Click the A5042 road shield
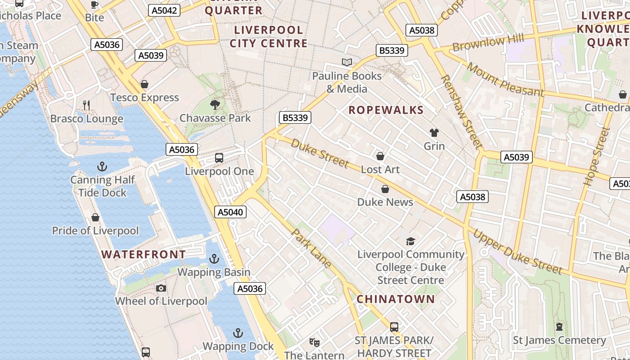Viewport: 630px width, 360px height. (x=164, y=10)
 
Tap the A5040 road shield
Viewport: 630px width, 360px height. (x=230, y=212)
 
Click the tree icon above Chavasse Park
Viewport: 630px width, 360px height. (x=215, y=105)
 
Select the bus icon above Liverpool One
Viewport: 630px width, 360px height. (x=219, y=158)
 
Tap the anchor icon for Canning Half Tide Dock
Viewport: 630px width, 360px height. (x=102, y=167)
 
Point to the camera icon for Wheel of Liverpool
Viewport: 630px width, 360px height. (x=161, y=288)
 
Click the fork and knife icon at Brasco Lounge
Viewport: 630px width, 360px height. (x=86, y=105)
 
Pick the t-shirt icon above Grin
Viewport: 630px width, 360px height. (x=434, y=133)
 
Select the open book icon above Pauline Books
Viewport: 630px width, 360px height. (x=347, y=63)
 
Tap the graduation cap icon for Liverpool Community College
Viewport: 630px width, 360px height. (x=410, y=242)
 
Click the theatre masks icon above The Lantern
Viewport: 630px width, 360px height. (x=315, y=342)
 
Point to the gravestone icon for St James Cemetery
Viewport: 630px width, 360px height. (x=559, y=327)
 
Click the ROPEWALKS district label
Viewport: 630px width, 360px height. (x=386, y=110)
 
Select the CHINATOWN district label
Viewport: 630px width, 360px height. (x=396, y=299)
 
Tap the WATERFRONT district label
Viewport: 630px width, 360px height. (x=144, y=254)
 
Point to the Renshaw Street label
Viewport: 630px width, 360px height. (x=462, y=112)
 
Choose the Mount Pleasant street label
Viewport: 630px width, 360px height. (x=505, y=80)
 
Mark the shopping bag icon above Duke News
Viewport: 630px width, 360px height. (x=385, y=189)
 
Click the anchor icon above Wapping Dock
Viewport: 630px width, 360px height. (x=238, y=333)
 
